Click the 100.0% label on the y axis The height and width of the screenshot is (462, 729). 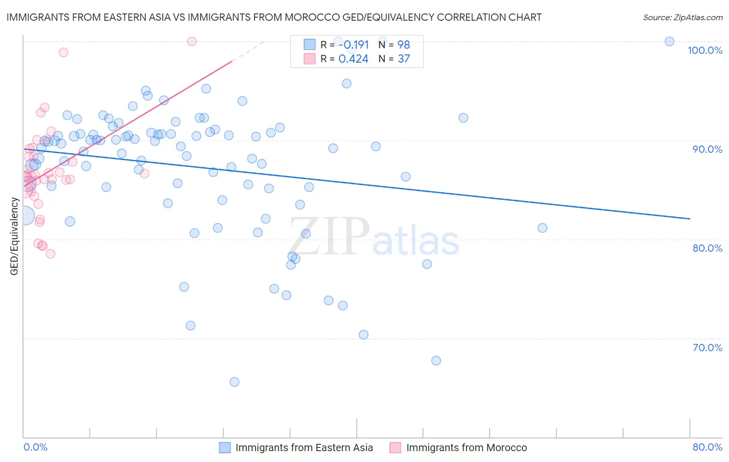click(705, 50)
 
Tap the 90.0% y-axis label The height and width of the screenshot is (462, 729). click(707, 149)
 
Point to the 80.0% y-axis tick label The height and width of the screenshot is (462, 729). click(707, 248)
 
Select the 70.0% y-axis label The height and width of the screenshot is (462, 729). click(707, 348)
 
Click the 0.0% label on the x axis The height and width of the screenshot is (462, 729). click(35, 447)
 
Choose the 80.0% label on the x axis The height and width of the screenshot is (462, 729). click(707, 447)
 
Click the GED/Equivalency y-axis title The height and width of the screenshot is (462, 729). click(15, 236)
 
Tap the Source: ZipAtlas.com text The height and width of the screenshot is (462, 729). click(682, 17)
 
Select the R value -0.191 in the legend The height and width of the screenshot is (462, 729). click(353, 45)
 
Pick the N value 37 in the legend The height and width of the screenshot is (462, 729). click(403, 59)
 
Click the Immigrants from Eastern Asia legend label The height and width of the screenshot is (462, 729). click(304, 447)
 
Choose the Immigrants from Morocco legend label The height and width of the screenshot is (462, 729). click(466, 447)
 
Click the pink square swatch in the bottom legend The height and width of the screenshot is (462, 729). click(395, 447)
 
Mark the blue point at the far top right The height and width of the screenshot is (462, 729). click(669, 41)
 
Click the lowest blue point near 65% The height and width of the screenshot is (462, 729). click(234, 382)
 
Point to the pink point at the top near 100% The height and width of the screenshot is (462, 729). click(191, 41)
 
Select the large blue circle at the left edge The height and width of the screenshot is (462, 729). click(24, 215)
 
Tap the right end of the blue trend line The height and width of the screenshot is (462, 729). click(690, 219)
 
